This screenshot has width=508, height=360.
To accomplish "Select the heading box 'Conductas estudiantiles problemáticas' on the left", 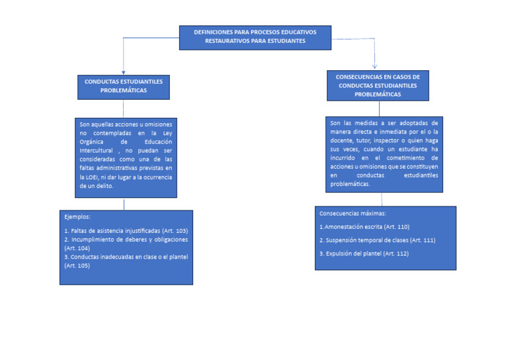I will (x=124, y=85).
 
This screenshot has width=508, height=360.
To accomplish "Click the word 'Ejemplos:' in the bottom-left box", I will (x=77, y=217).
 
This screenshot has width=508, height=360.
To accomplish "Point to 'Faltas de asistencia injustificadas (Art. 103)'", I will (x=126, y=230).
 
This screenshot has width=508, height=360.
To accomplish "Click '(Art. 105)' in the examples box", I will (x=77, y=265).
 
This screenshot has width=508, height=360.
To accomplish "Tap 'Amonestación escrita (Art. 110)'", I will (x=365, y=227).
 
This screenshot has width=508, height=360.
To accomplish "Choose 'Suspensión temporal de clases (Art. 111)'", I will (x=377, y=240).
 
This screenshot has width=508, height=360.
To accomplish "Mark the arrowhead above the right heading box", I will (x=374, y=66).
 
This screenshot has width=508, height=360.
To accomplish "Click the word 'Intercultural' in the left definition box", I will (x=97, y=150).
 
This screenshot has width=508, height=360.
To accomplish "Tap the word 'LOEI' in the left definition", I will (x=87, y=177).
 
